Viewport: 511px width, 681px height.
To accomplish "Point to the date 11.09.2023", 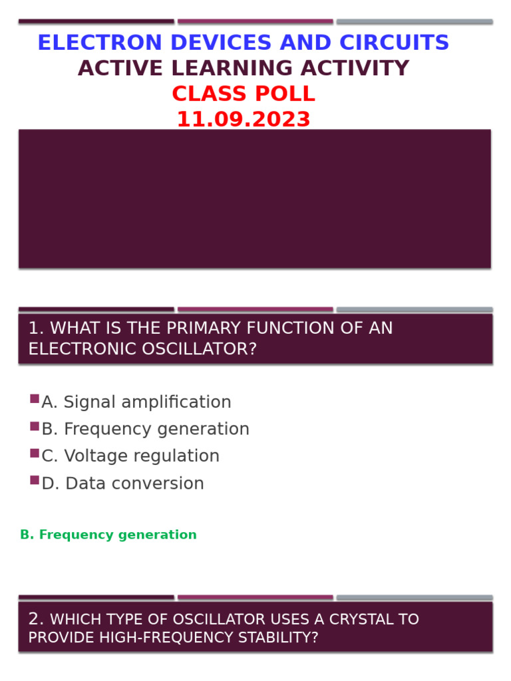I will coord(244,120).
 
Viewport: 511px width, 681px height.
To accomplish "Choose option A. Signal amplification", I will coord(136,402).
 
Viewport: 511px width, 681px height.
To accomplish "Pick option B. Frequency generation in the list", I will coord(145,430).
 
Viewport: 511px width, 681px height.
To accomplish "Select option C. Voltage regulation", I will coord(130,456).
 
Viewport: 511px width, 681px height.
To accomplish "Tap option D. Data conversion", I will coord(122,483).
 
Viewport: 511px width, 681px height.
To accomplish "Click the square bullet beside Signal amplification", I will coord(35,399).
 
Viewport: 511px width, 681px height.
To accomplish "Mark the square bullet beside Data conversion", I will coord(35,480).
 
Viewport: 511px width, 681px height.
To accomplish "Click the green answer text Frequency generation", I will coord(118,535).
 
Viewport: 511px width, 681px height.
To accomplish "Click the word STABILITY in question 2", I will coord(283,638).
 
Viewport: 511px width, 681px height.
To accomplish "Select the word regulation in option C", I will coord(180,456).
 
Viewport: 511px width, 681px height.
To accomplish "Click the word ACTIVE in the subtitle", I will coord(110,68).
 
